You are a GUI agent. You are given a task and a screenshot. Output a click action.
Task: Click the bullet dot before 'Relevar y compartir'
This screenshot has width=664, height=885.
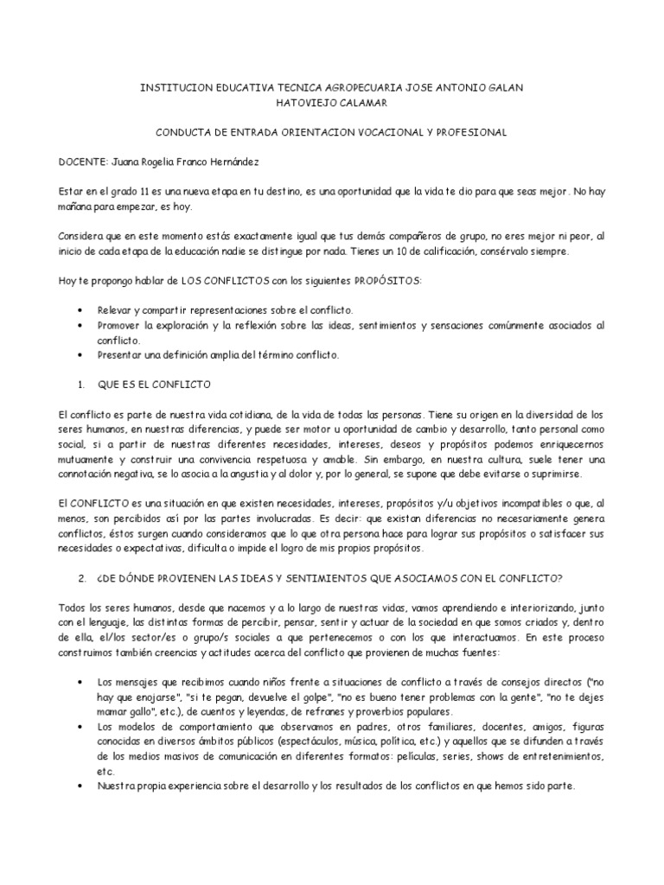tap(80, 310)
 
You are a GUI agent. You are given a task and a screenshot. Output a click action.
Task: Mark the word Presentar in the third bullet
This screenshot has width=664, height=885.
tap(121, 354)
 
